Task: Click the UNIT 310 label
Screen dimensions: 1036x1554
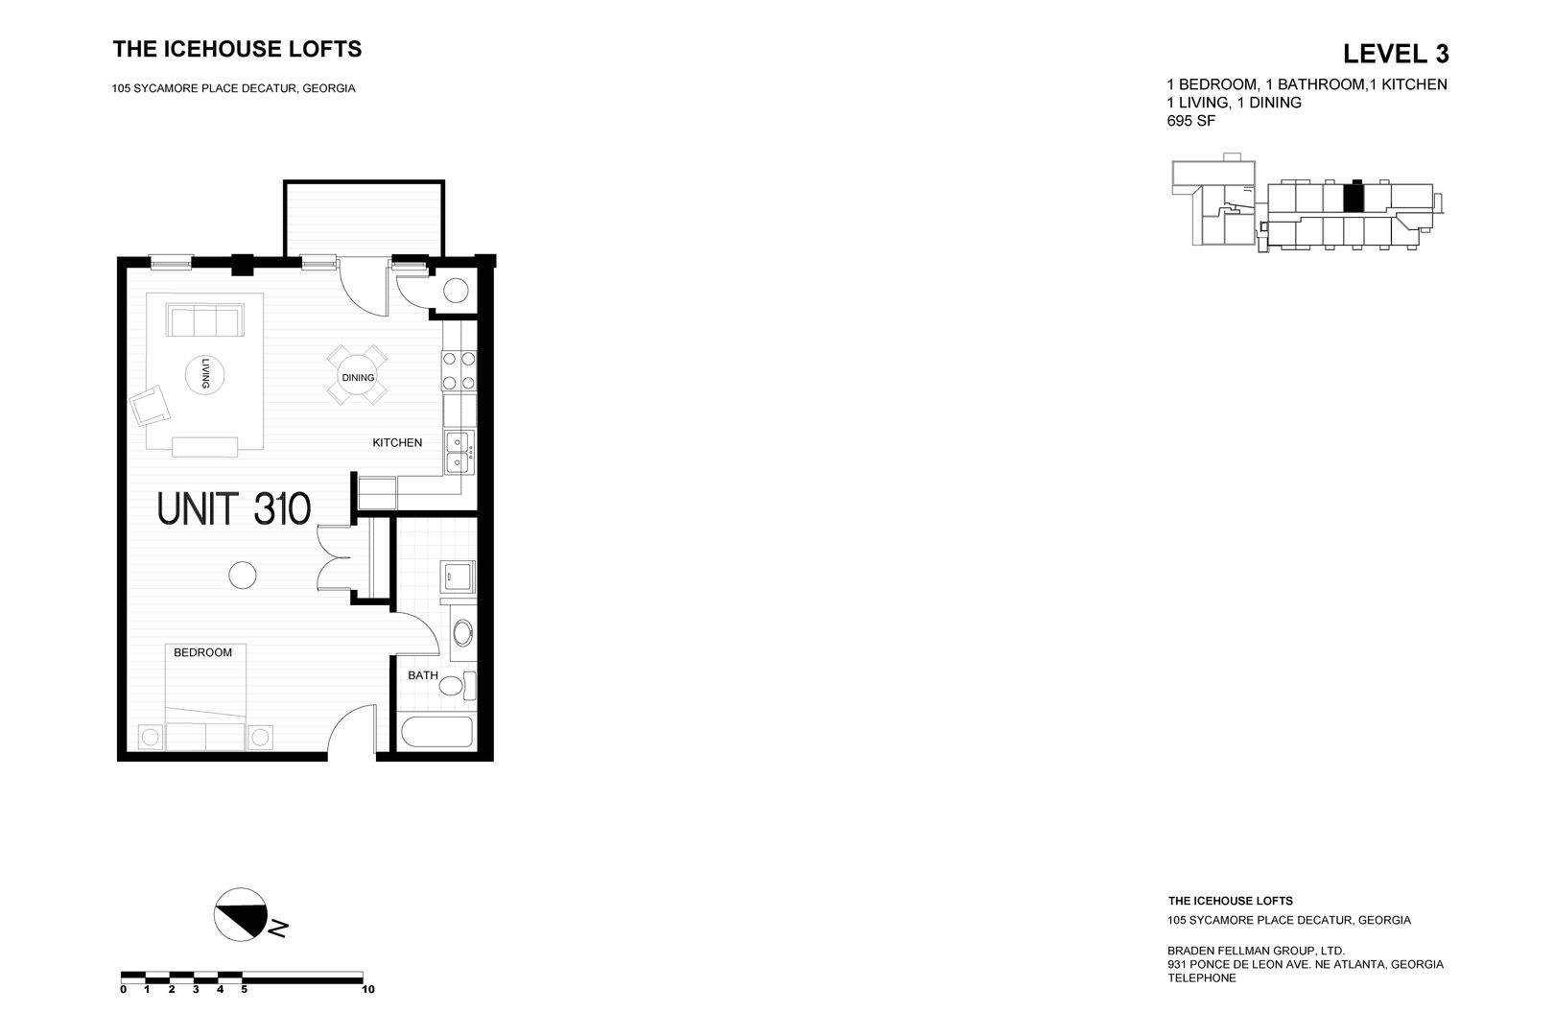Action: point(234,509)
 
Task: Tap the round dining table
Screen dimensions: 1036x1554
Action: point(358,376)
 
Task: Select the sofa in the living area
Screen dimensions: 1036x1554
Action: point(204,319)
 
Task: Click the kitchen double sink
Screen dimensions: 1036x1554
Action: point(459,453)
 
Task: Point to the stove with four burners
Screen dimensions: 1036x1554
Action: point(459,371)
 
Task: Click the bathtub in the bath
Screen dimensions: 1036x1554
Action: point(437,734)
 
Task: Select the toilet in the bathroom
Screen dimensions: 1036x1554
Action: point(466,685)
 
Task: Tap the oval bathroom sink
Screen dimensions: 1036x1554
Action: point(462,634)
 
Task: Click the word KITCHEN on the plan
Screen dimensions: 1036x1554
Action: point(397,443)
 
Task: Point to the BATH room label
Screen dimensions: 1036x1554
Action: point(422,675)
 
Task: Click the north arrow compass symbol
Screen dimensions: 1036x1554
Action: point(241,913)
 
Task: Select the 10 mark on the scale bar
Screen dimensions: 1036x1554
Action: point(367,989)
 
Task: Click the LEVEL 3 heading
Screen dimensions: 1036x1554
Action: point(1395,53)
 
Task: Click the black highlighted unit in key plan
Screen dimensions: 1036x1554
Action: point(1353,198)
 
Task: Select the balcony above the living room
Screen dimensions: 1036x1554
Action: point(364,219)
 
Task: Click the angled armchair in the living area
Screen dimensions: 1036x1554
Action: point(152,406)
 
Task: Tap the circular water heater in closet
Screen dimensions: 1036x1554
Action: point(455,291)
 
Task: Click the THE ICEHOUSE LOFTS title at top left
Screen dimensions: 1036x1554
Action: point(237,49)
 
